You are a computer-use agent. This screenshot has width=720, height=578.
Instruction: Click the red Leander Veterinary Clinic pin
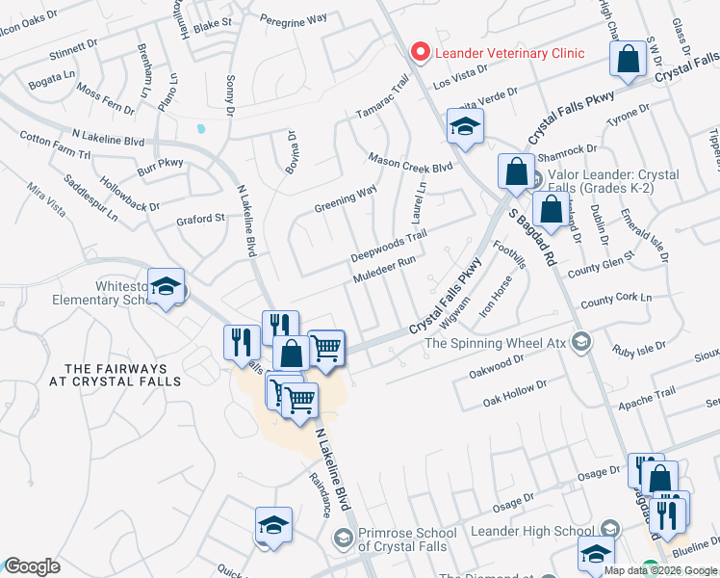[x=420, y=52]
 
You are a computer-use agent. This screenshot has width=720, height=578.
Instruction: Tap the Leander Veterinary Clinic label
[x=509, y=53]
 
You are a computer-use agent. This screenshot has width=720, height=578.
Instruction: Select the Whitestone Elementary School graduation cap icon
[x=167, y=287]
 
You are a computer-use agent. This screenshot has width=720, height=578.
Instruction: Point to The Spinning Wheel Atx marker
[x=581, y=341]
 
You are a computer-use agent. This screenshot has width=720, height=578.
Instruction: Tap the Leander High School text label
[x=531, y=531]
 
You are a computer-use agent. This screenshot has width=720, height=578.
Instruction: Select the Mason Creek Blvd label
[x=409, y=161]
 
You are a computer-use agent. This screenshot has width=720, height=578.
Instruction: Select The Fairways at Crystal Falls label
[x=116, y=376]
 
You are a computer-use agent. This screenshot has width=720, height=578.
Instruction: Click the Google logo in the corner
[x=32, y=566]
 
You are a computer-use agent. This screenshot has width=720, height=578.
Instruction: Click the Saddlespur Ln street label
[x=90, y=196]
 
